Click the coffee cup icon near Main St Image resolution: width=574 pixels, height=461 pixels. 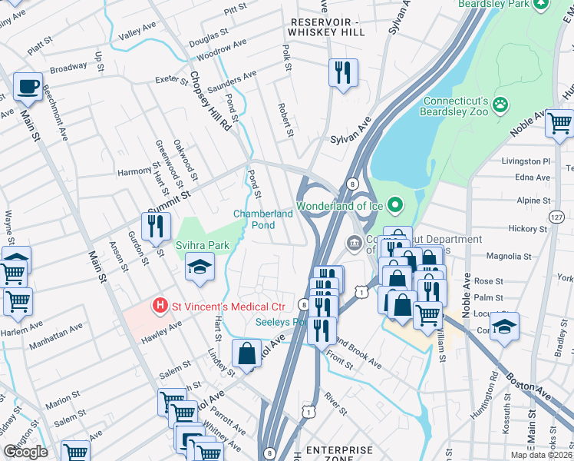[29, 88]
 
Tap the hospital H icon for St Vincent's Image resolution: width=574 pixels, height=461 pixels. [160, 306]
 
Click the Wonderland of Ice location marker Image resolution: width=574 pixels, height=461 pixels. [395, 205]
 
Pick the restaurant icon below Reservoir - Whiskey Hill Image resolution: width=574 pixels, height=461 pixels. [342, 73]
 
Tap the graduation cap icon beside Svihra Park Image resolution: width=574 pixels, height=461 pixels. [200, 266]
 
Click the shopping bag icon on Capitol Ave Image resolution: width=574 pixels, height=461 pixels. [247, 353]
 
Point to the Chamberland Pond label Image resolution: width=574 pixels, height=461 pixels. [263, 219]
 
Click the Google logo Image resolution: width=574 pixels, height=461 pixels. [25, 452]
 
